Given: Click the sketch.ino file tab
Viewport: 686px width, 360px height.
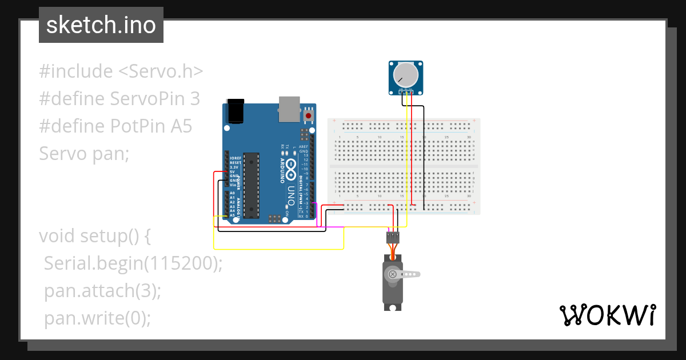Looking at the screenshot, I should [x=101, y=25].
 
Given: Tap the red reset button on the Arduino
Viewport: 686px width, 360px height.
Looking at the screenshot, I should [x=309, y=115].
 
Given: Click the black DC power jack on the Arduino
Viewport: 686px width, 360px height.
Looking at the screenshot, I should [x=236, y=111].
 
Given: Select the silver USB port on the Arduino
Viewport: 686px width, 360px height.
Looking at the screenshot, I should [x=289, y=109].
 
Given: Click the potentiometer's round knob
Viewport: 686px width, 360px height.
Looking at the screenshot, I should [x=406, y=75].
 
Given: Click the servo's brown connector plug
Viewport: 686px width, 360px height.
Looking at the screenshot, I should [x=392, y=236].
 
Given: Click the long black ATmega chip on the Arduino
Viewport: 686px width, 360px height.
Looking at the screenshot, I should [x=250, y=185].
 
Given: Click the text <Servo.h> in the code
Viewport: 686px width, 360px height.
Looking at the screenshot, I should [x=161, y=71].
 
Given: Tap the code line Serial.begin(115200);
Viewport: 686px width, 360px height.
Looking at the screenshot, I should [x=133, y=263].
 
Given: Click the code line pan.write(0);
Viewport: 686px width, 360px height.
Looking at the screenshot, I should [x=98, y=318].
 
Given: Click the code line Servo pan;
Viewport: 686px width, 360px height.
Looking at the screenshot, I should [x=85, y=154].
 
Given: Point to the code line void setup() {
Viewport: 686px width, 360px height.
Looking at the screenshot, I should [x=94, y=236].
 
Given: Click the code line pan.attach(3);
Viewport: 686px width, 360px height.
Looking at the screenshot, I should [x=103, y=291].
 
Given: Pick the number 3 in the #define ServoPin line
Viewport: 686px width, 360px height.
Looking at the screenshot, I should [x=194, y=99].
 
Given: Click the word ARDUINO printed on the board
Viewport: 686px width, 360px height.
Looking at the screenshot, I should [x=282, y=171].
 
